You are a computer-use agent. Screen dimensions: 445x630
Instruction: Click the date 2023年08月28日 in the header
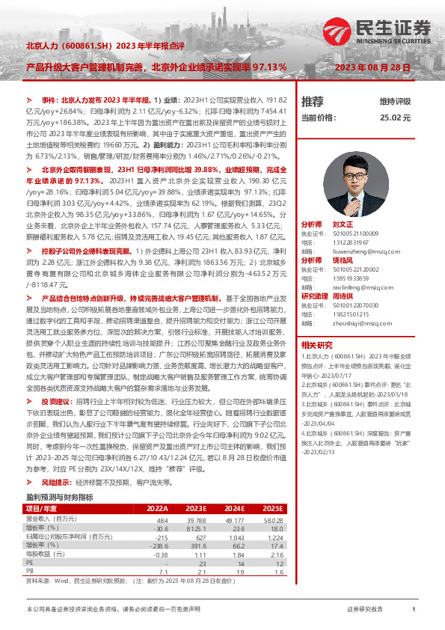372,67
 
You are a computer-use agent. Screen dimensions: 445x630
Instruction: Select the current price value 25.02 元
395,117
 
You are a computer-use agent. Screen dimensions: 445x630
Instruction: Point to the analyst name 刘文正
342,224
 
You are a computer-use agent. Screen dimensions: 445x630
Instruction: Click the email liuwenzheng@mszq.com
349,253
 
